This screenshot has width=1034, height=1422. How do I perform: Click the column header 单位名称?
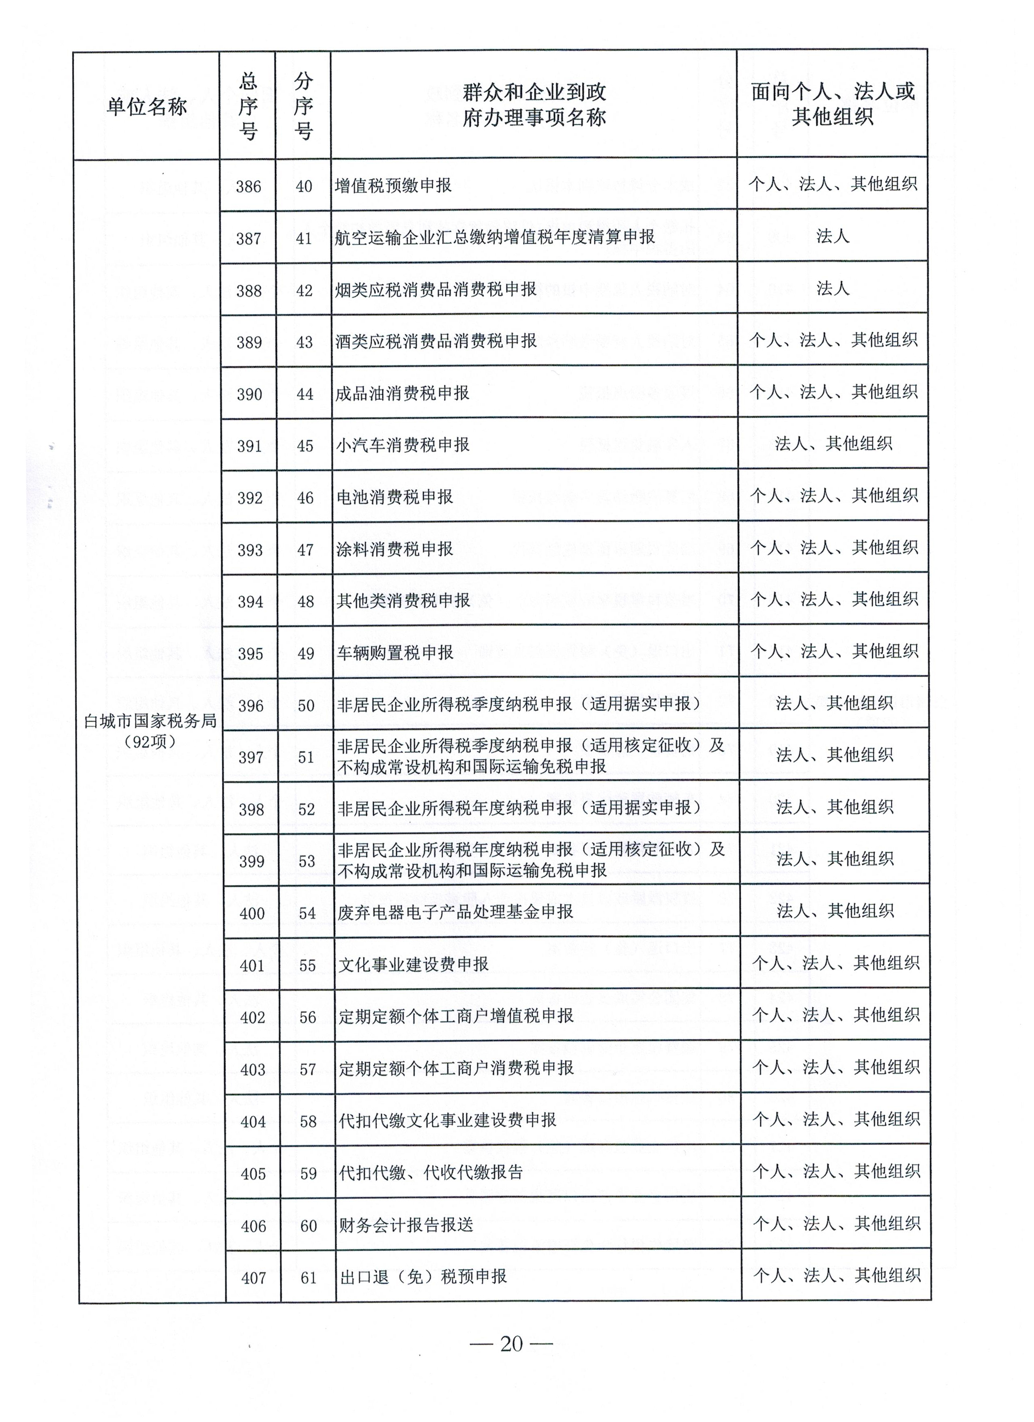click(x=147, y=107)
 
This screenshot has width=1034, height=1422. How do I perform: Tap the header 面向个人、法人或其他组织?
click(x=833, y=104)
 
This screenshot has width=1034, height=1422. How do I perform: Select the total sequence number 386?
click(x=248, y=186)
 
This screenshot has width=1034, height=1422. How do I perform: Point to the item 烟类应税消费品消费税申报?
click(x=436, y=289)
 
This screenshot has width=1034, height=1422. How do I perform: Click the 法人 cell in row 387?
click(x=833, y=236)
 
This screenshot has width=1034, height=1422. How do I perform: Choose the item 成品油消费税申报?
click(x=403, y=393)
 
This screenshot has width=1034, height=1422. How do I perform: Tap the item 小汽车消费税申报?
click(x=403, y=445)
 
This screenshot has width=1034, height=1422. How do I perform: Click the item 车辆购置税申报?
click(x=395, y=653)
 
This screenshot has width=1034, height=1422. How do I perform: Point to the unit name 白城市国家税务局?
click(x=150, y=721)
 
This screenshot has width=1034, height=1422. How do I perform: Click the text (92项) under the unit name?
click(x=150, y=742)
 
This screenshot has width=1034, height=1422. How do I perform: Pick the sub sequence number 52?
click(x=307, y=809)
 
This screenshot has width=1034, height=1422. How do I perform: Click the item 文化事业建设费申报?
click(x=413, y=964)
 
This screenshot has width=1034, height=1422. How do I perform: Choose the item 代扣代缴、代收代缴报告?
click(x=431, y=1173)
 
